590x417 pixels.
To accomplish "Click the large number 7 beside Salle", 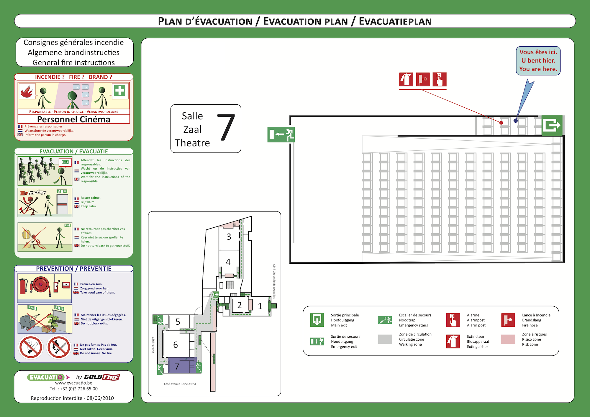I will point(226,127).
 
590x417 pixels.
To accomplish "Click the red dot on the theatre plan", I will point(501,123).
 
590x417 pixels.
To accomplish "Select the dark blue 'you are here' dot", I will point(515,121).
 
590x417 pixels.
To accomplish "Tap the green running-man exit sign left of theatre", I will point(281,134).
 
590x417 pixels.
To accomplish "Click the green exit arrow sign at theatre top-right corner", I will point(552,125).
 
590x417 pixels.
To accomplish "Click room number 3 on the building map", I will point(229,237).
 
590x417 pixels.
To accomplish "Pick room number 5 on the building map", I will point(178,322).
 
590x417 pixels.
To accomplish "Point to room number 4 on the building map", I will point(228,262).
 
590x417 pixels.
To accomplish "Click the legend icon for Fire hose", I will point(508,320).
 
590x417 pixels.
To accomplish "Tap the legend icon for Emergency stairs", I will point(385,320).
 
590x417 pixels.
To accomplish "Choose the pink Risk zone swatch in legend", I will point(508,339).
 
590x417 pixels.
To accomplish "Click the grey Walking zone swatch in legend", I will point(385,339).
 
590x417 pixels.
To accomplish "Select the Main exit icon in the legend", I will point(317,320).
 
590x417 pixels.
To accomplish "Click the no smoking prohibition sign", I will point(31,347).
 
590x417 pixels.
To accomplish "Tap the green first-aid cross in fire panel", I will point(120,91).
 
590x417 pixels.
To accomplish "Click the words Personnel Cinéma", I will point(74,119).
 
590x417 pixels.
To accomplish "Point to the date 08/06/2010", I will point(100,398).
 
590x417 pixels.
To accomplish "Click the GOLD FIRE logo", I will point(102,377).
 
